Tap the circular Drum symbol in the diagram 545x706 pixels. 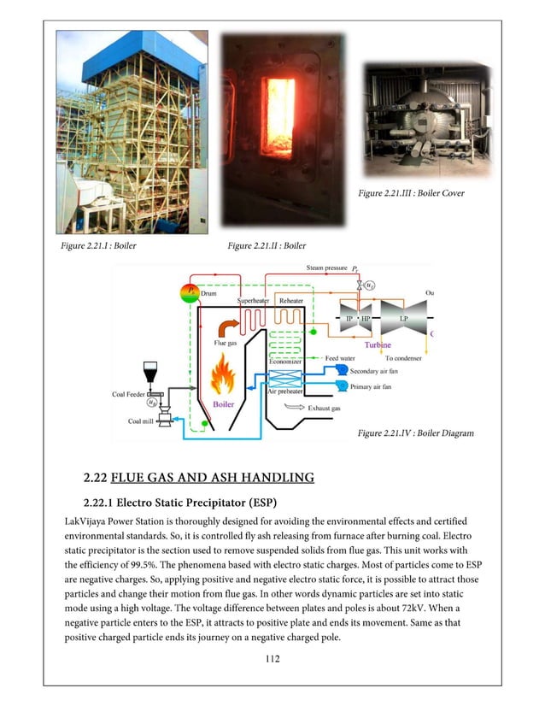click(190, 293)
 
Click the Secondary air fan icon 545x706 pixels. click(341, 369)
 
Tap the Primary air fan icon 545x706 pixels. click(341, 386)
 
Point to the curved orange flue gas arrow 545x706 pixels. click(226, 329)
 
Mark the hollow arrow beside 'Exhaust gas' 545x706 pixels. click(294, 408)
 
